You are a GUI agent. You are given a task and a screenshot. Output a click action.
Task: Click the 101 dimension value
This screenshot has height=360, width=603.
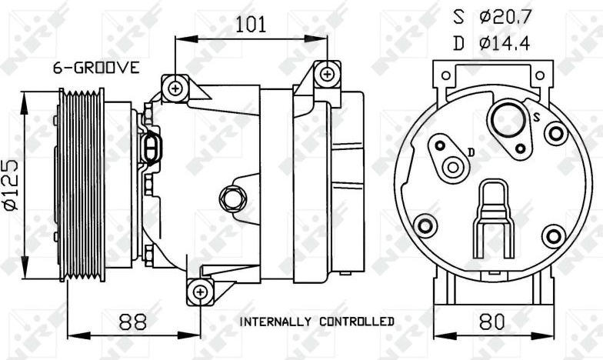251,25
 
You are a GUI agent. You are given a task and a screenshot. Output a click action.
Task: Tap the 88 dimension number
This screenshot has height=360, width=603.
132,322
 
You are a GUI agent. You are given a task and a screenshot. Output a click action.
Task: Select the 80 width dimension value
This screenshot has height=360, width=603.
492,322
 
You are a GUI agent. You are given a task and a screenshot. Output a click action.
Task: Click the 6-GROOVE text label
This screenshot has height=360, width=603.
96,68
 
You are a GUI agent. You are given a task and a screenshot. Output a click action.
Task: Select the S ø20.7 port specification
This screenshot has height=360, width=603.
492,17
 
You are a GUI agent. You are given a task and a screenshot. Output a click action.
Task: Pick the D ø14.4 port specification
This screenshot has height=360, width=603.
492,43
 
